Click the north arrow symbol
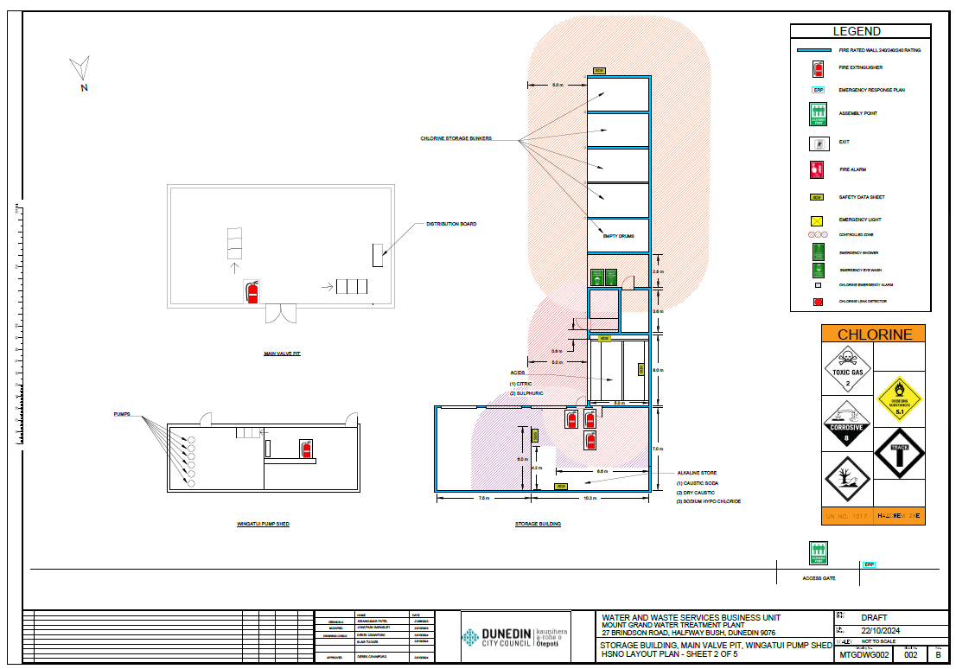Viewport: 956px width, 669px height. click(80, 67)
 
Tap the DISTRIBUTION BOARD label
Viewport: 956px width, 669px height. click(451, 224)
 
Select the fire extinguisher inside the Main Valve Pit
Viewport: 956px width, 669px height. click(252, 291)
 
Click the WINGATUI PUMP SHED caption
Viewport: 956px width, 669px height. click(263, 524)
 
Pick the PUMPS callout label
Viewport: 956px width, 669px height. click(123, 415)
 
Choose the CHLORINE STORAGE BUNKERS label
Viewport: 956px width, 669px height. click(456, 138)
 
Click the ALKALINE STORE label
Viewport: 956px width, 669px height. click(695, 473)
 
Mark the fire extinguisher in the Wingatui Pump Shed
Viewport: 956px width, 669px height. click(305, 449)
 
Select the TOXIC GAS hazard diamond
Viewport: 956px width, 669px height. click(848, 369)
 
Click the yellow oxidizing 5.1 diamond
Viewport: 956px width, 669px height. click(899, 398)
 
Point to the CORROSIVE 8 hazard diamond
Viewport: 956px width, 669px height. click(847, 424)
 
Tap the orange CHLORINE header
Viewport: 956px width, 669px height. click(873, 334)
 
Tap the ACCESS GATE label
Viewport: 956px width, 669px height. click(818, 577)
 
